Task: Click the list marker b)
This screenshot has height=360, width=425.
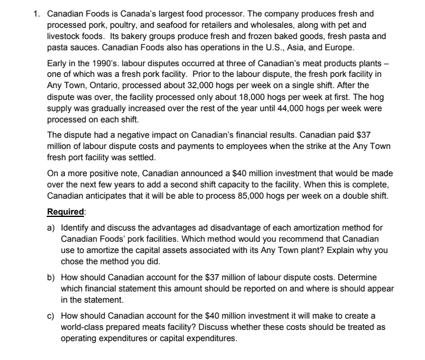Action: click(51, 277)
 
